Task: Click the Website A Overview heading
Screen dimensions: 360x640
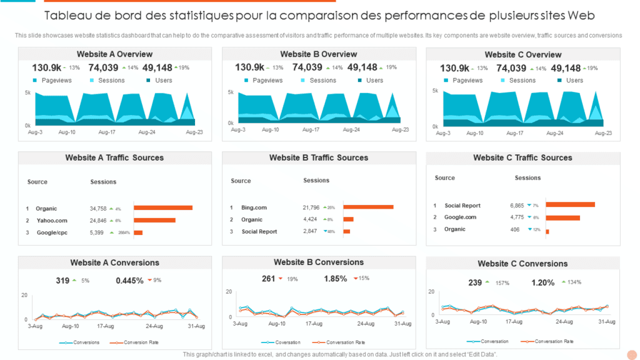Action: click(x=114, y=54)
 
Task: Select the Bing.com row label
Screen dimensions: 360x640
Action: click(x=254, y=207)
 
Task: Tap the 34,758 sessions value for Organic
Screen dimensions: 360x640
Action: click(x=98, y=209)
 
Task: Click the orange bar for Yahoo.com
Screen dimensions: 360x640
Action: click(x=154, y=221)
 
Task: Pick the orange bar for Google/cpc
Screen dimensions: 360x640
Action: click(x=138, y=232)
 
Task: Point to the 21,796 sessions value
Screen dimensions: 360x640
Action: click(x=311, y=207)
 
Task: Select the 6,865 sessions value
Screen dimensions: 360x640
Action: click(x=517, y=205)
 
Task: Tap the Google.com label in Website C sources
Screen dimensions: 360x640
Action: click(x=460, y=217)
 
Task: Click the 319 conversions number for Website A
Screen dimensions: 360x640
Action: click(x=62, y=281)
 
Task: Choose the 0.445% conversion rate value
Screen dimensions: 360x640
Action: click(x=129, y=281)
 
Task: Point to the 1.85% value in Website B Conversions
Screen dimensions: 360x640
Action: click(x=336, y=279)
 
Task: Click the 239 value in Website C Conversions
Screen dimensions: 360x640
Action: click(x=476, y=282)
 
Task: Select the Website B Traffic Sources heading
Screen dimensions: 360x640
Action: click(x=319, y=157)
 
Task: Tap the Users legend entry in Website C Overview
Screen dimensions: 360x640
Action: click(x=574, y=80)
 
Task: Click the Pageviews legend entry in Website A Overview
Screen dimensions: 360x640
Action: click(x=56, y=80)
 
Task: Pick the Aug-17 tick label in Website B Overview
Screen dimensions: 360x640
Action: click(x=312, y=129)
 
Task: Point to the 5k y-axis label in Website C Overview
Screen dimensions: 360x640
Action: click(x=435, y=91)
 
